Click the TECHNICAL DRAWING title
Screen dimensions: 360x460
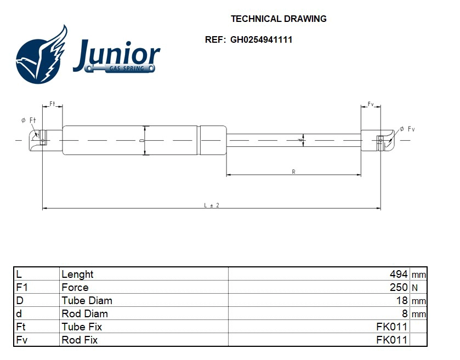(279, 19)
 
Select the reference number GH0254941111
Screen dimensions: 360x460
(261, 40)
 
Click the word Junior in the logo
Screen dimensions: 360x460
(116, 54)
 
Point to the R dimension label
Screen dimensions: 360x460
(294, 172)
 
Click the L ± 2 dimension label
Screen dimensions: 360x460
(212, 205)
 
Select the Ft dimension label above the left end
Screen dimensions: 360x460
(53, 104)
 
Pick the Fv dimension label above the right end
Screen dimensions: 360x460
(371, 104)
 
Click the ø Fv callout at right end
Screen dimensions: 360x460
(407, 129)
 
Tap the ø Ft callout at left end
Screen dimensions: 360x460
(29, 120)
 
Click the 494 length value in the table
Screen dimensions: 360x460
(399, 274)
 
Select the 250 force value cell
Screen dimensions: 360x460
(399, 287)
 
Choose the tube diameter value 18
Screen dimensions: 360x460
(402, 300)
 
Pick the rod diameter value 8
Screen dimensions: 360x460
(405, 313)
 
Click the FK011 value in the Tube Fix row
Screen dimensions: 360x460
(391, 327)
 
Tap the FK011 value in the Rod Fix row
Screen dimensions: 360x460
(391, 340)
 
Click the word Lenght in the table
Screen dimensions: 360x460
(77, 274)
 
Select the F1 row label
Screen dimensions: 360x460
(22, 287)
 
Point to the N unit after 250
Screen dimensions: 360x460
(414, 288)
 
